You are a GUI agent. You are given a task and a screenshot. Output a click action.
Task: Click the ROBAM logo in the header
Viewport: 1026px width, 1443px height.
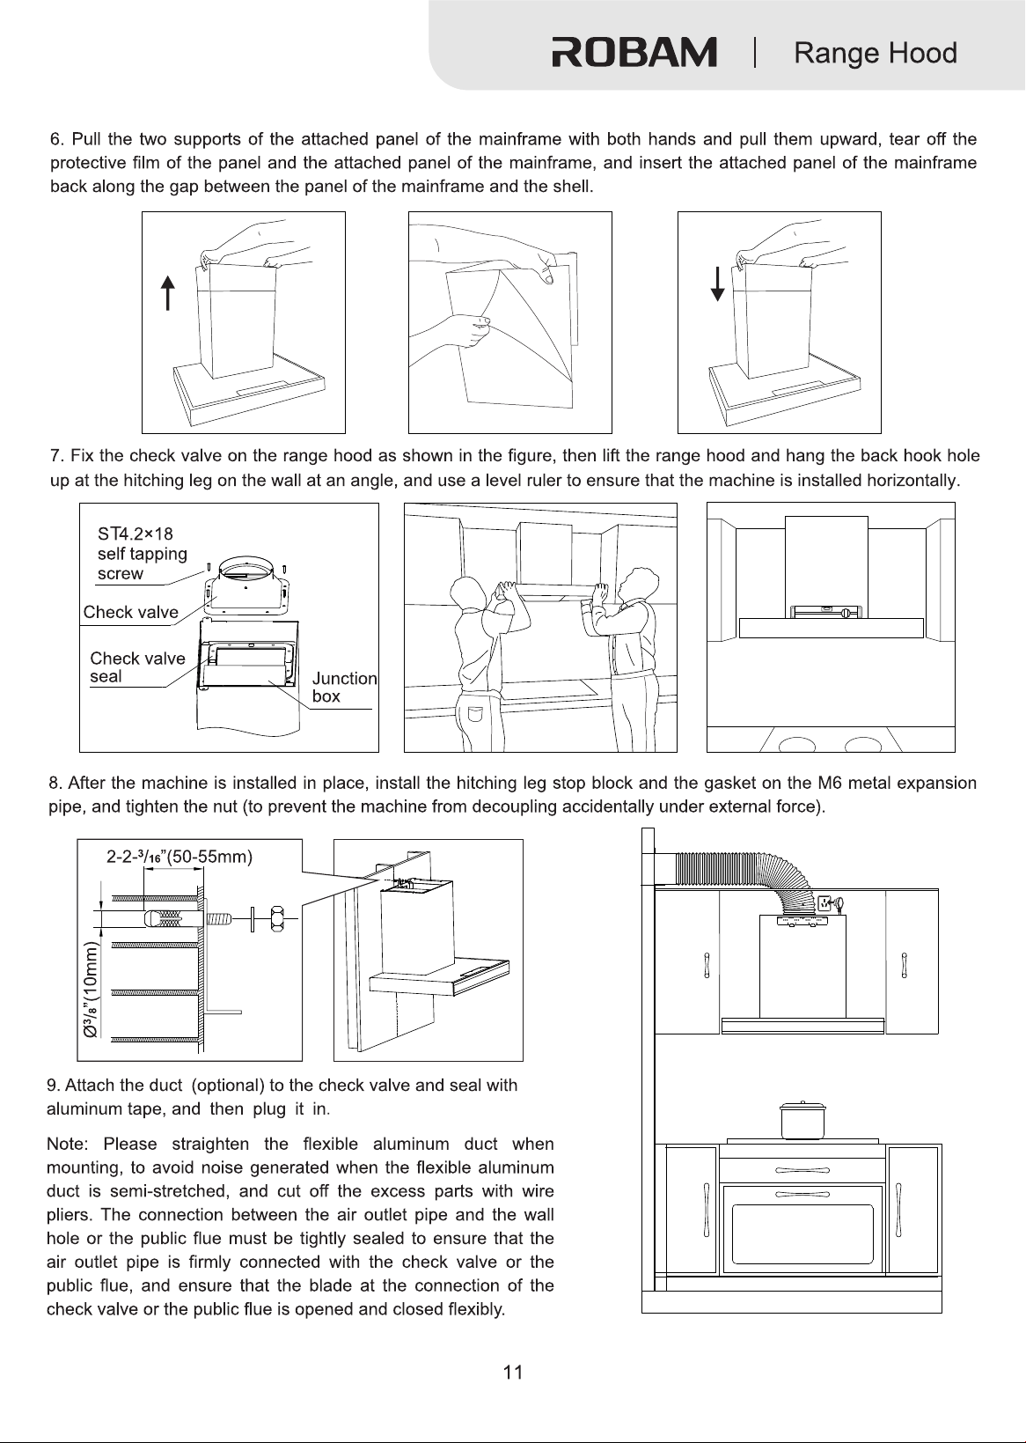pos(634,52)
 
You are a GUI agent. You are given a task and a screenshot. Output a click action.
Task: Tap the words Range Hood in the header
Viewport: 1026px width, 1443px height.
pos(876,53)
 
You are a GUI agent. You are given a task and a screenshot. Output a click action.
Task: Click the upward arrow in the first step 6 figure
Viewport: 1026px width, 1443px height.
pos(167,293)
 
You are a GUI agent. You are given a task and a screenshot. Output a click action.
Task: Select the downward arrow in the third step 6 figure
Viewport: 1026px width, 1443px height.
pos(717,284)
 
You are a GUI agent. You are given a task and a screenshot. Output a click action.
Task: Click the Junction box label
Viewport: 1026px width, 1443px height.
pos(344,687)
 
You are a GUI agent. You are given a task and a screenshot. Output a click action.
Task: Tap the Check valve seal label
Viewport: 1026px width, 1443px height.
pos(137,666)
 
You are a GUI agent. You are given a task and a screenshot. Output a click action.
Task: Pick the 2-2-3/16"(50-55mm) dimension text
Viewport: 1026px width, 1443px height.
pos(180,857)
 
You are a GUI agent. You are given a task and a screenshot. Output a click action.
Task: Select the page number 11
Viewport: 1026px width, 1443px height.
pos(513,1373)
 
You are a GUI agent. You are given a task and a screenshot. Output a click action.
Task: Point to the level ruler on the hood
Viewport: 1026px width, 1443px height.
pos(824,613)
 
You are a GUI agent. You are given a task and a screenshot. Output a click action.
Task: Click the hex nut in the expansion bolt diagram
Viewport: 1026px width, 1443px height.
pos(277,918)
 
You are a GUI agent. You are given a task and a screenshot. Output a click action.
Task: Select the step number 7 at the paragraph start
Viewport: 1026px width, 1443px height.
pos(55,456)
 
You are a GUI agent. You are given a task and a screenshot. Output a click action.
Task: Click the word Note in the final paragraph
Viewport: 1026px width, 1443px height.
pos(66,1144)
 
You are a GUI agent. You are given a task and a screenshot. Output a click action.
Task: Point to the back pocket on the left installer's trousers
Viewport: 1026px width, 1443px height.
pos(476,715)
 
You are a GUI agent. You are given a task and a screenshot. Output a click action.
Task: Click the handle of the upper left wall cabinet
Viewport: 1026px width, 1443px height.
pos(707,966)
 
